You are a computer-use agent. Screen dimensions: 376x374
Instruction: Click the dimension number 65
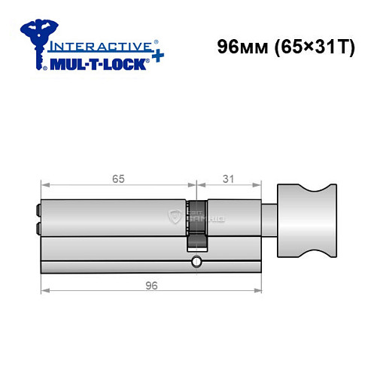pyautogui.click(x=117, y=179)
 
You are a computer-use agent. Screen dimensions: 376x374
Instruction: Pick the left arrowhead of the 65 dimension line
pyautogui.click(x=43, y=185)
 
